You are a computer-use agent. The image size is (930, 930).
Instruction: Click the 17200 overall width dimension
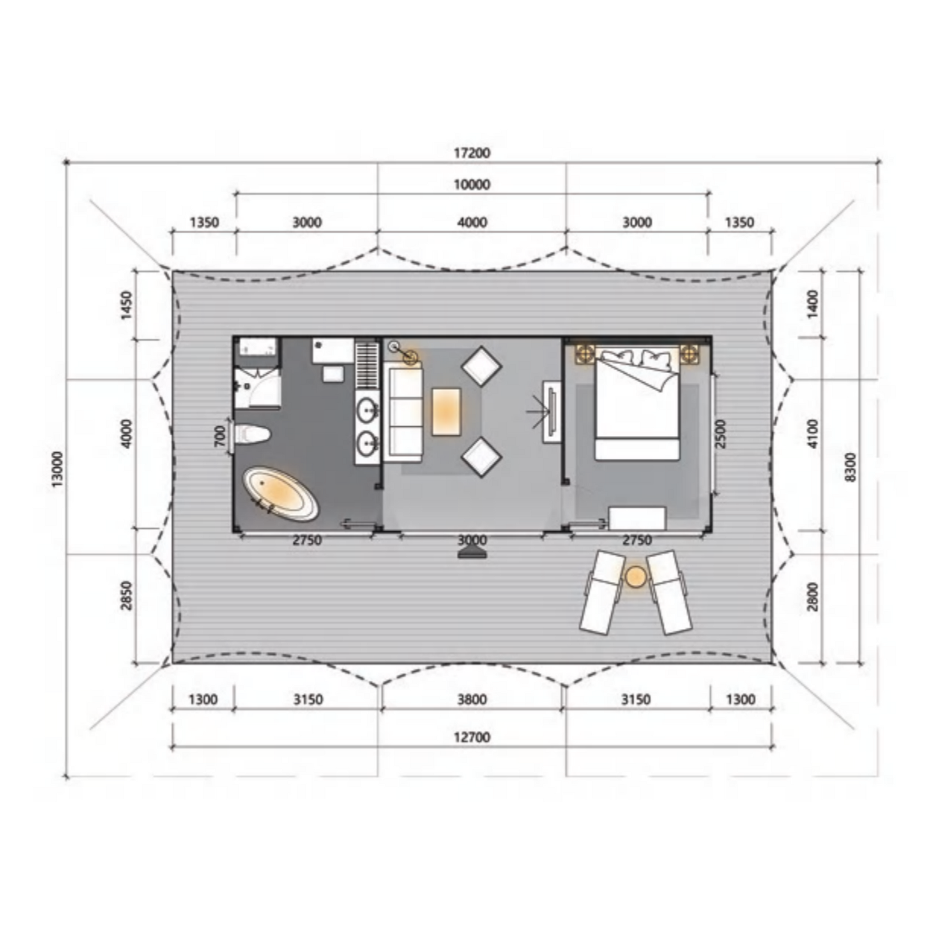point(472,153)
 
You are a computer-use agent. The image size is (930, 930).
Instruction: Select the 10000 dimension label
point(472,185)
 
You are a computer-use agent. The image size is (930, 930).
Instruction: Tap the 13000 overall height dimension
point(57,469)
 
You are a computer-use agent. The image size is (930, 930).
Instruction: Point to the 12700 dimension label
point(472,737)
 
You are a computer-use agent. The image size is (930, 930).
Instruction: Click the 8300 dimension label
point(851,467)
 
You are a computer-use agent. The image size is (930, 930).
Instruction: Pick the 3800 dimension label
point(472,699)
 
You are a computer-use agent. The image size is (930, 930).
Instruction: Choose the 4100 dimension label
point(812,434)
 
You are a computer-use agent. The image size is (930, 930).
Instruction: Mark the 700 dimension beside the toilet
point(219,436)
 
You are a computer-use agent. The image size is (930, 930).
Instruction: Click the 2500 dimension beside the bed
point(720,434)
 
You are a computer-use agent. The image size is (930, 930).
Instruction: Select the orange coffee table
point(446,412)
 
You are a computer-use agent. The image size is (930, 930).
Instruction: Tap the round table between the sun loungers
point(636,577)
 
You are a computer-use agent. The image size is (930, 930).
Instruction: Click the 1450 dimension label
point(126,305)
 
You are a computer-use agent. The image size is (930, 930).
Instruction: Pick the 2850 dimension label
point(126,596)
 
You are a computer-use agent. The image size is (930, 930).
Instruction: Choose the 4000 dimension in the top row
point(472,222)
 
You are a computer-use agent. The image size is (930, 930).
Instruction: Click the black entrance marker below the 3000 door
point(472,553)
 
